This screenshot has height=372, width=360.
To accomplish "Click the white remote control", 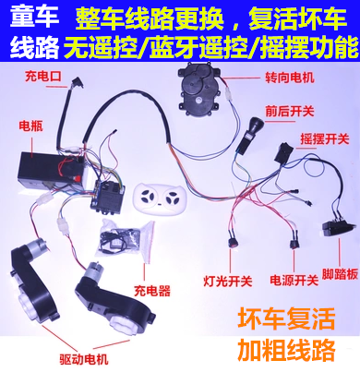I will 157,198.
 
